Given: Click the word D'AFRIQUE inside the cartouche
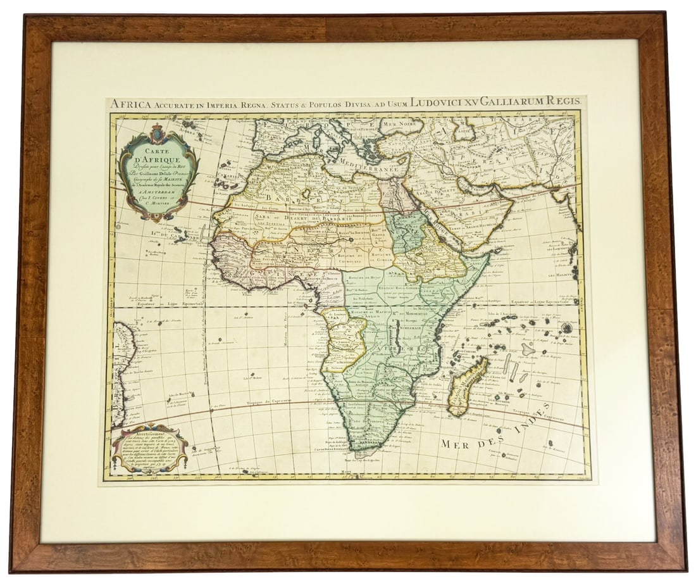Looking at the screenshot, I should tap(159, 160).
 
